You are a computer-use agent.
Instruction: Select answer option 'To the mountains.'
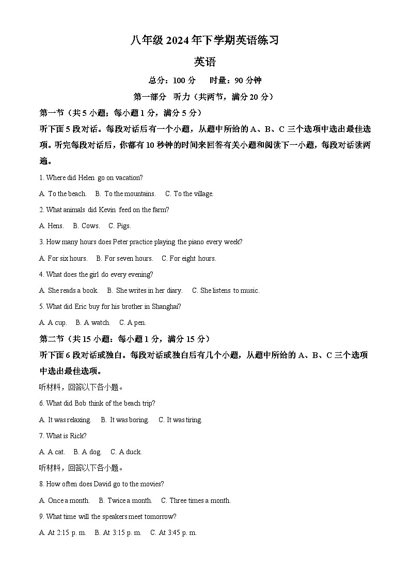click(x=130, y=193)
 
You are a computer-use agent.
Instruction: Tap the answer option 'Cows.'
click(x=90, y=226)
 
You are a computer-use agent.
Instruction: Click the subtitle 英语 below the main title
click(x=204, y=62)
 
